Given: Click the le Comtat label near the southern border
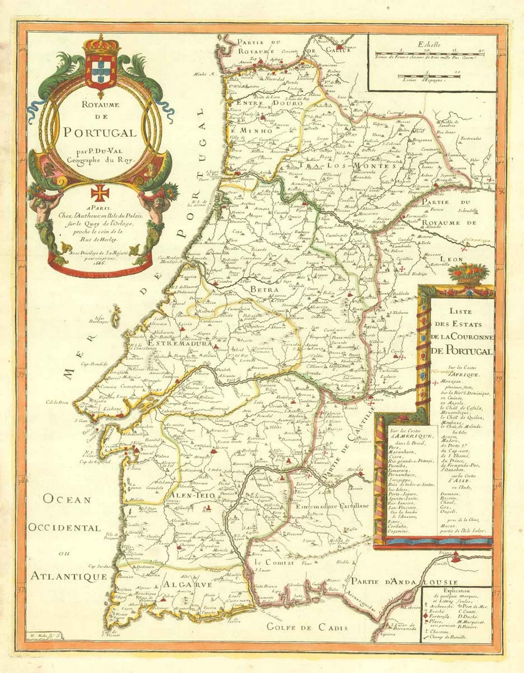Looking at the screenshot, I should [x=274, y=563].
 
